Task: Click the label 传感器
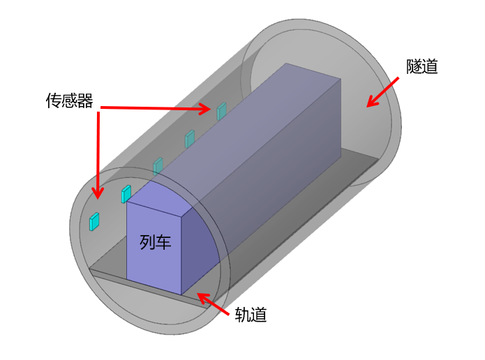[x=69, y=100]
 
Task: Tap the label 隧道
[x=422, y=66]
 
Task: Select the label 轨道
[x=251, y=315]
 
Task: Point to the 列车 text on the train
[x=156, y=242]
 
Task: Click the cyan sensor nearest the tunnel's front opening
[x=94, y=221]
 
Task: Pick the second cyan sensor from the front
[x=126, y=194]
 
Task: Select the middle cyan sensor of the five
[x=158, y=166]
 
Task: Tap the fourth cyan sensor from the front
[x=190, y=139]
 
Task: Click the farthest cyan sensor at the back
[x=221, y=112]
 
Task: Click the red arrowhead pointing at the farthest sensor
[x=205, y=109]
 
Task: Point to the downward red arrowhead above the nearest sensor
[x=98, y=193]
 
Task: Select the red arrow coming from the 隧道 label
[x=382, y=92]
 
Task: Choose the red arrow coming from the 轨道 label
[x=213, y=303]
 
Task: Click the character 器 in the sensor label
[x=85, y=100]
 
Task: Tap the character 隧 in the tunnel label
[x=414, y=66]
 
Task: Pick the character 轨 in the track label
[x=243, y=315]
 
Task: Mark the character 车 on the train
[x=163, y=242]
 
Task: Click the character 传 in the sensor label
[x=54, y=100]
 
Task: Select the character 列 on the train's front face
[x=147, y=242]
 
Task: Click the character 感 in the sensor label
[x=70, y=100]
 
